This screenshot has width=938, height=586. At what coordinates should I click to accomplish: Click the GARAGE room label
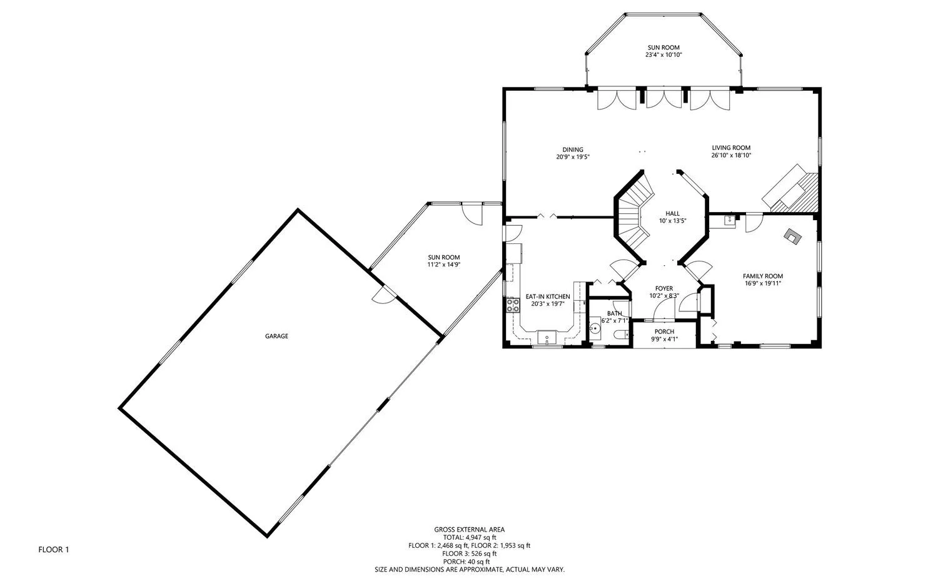point(276,336)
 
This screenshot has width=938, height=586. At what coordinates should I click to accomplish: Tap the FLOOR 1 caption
point(54,550)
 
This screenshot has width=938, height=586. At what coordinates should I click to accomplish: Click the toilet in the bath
point(622,334)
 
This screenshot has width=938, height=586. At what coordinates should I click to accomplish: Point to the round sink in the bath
point(595,328)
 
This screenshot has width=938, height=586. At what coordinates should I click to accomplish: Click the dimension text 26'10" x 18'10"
point(731,155)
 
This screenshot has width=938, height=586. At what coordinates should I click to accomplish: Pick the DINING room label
point(572,149)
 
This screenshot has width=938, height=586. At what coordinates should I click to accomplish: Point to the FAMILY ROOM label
point(762,276)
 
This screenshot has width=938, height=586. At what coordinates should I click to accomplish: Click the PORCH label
point(664,331)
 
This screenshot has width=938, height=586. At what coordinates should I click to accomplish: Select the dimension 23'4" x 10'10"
point(663,55)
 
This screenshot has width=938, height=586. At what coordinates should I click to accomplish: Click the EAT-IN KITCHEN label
point(548,296)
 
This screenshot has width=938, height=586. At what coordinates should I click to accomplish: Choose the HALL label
point(672,214)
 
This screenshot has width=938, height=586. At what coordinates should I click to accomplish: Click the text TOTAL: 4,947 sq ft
point(470,537)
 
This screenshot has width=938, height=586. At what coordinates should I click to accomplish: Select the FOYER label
point(664,288)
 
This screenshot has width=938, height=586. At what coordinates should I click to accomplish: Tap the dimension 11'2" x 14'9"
point(444,265)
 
